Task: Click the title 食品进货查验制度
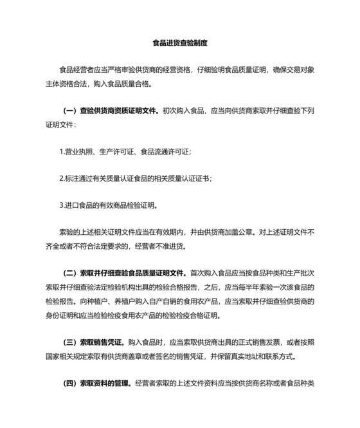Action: coord(179,44)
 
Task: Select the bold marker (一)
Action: coord(69,111)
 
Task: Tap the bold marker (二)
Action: coord(69,273)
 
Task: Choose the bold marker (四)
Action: coord(69,384)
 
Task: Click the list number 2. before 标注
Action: coord(61,178)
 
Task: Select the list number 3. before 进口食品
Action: coord(61,206)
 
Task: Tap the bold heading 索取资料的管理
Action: coord(105,384)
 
